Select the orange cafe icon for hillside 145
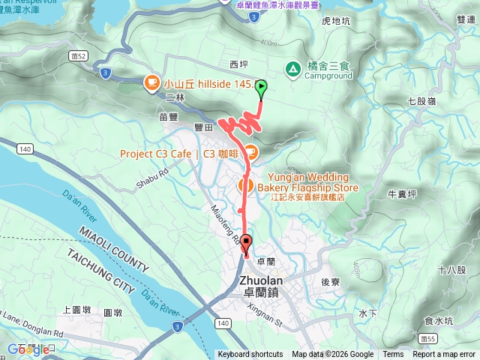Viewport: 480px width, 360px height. point(152,82)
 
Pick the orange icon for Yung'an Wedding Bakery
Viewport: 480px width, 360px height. point(244,183)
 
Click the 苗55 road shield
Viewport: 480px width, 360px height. point(428,338)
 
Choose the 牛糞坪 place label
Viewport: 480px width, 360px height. point(402,193)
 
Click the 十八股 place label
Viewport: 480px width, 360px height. point(452,270)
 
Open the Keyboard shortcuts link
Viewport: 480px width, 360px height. point(250,355)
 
